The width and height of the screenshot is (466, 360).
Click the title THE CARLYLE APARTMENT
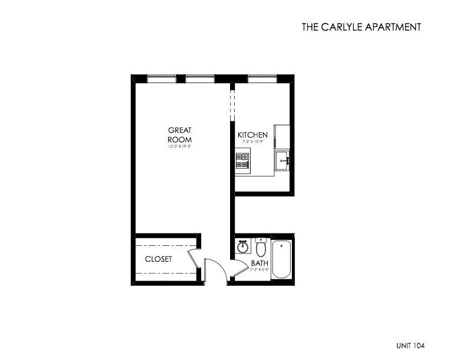[361, 26]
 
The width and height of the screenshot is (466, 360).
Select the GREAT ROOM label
[180, 134]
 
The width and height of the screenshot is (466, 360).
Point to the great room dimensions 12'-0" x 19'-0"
[180, 146]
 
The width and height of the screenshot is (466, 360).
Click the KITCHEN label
[252, 135]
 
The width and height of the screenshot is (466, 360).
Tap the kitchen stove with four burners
[243, 161]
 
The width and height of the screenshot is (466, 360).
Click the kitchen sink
[283, 159]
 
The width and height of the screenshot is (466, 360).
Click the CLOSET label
[158, 259]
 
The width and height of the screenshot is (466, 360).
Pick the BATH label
[259, 263]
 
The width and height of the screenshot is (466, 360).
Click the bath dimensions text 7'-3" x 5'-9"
[259, 269]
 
